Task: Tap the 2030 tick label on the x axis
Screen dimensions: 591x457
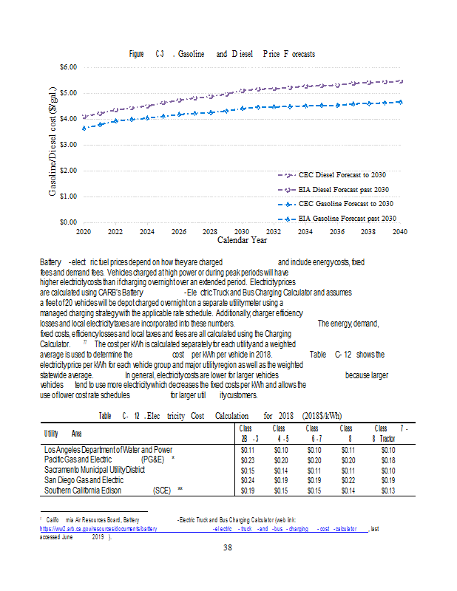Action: pyautogui.click(x=242, y=231)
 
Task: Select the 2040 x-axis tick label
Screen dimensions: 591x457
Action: pyautogui.click(x=400, y=231)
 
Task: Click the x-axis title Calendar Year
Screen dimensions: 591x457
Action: pyautogui.click(x=242, y=240)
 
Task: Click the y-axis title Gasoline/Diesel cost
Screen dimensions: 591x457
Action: pyautogui.click(x=55, y=144)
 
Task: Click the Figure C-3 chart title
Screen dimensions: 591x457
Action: pyautogui.click(x=222, y=54)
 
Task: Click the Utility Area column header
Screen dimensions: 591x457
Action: pyautogui.click(x=63, y=434)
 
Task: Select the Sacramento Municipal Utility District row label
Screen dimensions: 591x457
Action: pyautogui.click(x=95, y=469)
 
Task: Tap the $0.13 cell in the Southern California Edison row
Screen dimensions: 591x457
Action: pyautogui.click(x=387, y=490)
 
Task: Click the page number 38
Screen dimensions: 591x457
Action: pyautogui.click(x=228, y=547)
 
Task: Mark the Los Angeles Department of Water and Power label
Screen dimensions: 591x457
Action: pyautogui.click(x=108, y=449)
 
